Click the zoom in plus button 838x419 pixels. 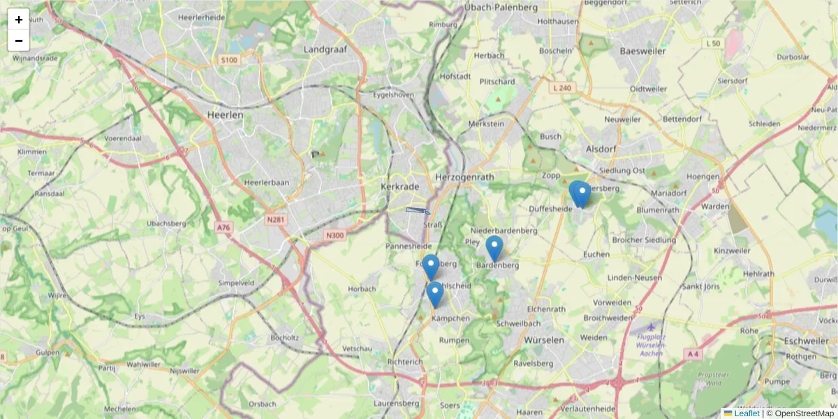coord(19,20)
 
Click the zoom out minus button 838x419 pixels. coord(19,41)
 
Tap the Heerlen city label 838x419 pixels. coord(225,115)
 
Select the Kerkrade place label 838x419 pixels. coord(399,187)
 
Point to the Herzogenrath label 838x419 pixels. coord(464,177)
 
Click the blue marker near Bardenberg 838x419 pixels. coord(494,248)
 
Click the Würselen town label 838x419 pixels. coord(543,340)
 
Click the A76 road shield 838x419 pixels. coord(223,228)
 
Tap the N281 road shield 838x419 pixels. coord(276,220)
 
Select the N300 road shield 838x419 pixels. coord(335,235)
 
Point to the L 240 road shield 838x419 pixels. coord(561,88)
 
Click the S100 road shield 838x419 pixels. coord(229,60)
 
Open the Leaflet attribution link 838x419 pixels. coord(746,413)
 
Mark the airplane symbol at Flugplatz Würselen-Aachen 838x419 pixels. coord(652,327)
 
